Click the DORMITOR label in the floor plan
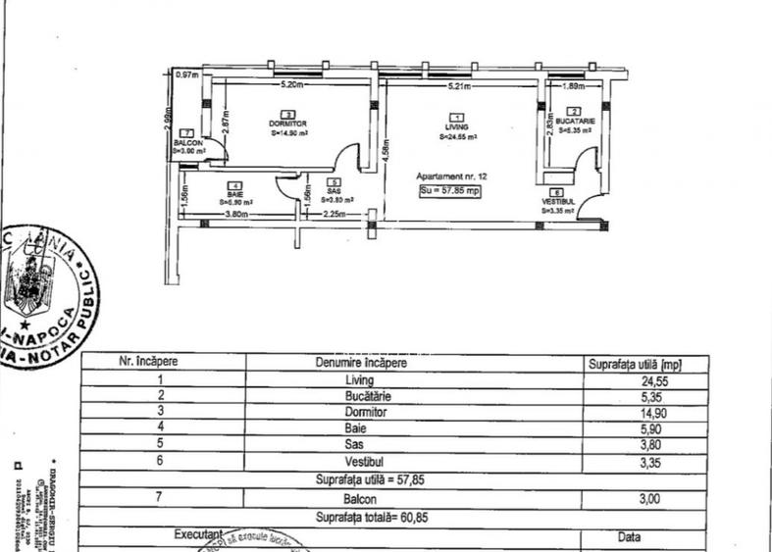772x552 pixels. (x=288, y=124)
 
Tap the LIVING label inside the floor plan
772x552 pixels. (x=455, y=127)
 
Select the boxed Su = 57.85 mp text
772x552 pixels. (x=449, y=191)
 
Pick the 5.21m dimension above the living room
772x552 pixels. (x=459, y=86)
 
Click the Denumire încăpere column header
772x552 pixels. (x=360, y=363)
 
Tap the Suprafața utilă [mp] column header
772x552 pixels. (x=635, y=364)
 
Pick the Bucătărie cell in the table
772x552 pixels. (x=360, y=397)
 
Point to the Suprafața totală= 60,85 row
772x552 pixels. (x=358, y=517)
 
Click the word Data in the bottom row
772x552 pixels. (x=630, y=537)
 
